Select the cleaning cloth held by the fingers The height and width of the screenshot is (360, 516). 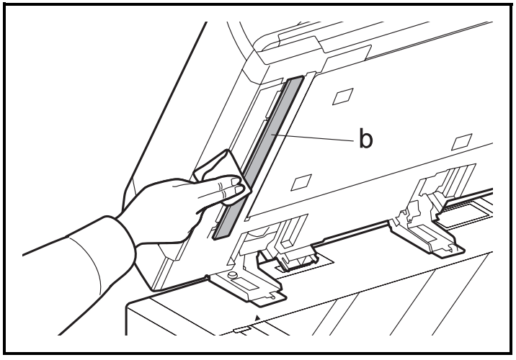click(x=222, y=178)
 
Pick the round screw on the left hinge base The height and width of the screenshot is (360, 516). click(x=233, y=274)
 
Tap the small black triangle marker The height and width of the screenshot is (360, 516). click(x=258, y=318)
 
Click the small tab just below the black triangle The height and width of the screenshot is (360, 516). click(x=242, y=330)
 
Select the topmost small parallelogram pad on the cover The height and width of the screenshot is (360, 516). click(x=343, y=96)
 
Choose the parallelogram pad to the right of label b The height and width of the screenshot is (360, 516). click(x=462, y=143)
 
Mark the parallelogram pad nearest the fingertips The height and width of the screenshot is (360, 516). click(x=301, y=182)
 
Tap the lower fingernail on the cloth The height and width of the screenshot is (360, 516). click(x=239, y=189)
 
